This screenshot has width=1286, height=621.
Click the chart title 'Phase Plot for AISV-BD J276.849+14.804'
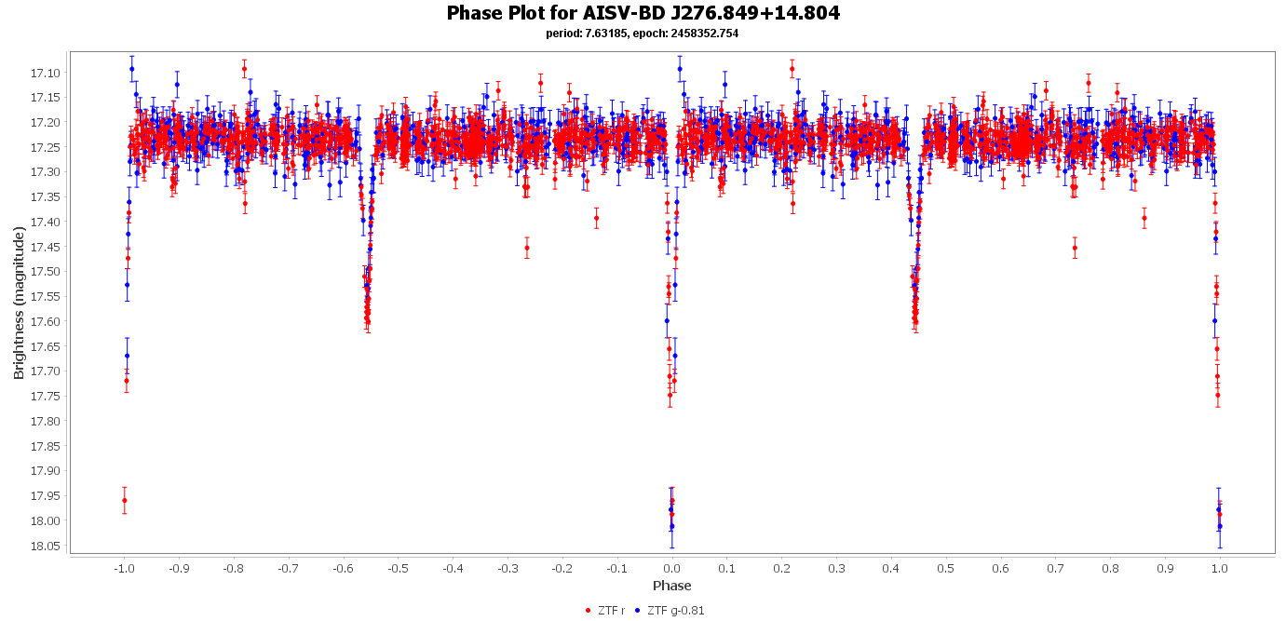click(x=643, y=13)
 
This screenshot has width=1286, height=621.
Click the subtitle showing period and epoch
click(x=643, y=34)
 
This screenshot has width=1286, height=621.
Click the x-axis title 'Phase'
click(x=671, y=586)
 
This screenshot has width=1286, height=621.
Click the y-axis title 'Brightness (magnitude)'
click(x=19, y=303)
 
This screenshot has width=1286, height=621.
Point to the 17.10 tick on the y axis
click(x=46, y=73)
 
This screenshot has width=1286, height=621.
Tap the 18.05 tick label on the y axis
click(x=46, y=546)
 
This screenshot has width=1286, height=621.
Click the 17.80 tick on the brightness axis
click(x=46, y=421)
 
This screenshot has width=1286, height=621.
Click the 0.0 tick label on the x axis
click(x=671, y=567)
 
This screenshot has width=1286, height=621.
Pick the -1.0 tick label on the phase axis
click(x=123, y=567)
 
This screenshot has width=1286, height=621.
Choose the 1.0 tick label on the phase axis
click(x=1220, y=567)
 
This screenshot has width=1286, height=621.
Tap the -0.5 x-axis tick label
click(x=398, y=567)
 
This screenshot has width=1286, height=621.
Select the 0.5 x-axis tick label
click(x=946, y=567)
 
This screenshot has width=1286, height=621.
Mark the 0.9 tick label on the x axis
click(x=1165, y=567)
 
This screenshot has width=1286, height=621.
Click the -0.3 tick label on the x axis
click(x=507, y=567)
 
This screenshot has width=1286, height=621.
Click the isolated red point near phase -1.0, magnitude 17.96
click(x=125, y=500)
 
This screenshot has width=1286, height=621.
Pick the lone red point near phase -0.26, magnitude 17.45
click(x=527, y=248)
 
